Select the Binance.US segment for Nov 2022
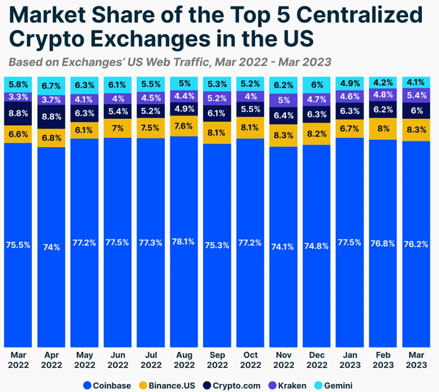click(x=283, y=136)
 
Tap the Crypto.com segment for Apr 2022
click(x=51, y=117)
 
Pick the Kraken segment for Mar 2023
click(x=416, y=95)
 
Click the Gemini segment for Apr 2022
click(x=51, y=85)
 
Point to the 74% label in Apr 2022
click(x=51, y=247)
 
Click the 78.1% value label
click(x=184, y=242)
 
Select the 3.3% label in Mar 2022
click(x=18, y=97)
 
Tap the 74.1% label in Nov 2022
click(x=283, y=247)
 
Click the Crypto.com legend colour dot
click(x=206, y=385)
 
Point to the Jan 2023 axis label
click(x=350, y=360)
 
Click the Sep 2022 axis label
click(x=217, y=360)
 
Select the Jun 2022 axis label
click(x=118, y=360)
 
